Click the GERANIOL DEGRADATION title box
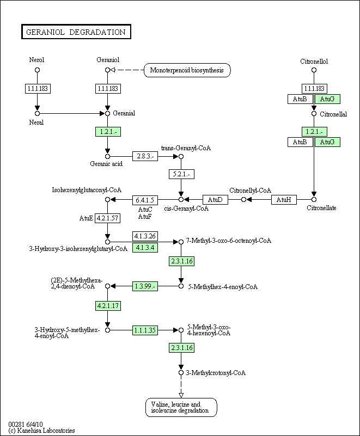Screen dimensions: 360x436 point(76,32)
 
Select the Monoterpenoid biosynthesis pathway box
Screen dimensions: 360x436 point(187,70)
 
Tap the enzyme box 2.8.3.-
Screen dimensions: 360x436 point(145,156)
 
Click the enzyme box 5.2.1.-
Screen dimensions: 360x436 point(181,174)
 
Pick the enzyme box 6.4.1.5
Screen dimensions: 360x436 point(145,200)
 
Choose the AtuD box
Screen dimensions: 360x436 point(215,200)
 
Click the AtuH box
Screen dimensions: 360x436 point(284,200)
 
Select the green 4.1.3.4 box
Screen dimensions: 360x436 point(145,248)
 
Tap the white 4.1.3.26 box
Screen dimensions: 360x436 point(145,236)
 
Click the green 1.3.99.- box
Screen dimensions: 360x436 point(145,286)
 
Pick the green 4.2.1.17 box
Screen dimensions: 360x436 point(108,306)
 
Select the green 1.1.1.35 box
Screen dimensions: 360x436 point(145,330)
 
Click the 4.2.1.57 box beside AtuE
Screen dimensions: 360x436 point(108,218)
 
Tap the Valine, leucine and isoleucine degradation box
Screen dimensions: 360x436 point(181,407)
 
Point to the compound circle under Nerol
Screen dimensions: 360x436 point(37,70)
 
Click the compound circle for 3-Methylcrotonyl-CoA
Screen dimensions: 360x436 point(181,373)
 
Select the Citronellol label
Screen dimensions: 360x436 point(314,62)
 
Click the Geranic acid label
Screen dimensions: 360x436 point(106,164)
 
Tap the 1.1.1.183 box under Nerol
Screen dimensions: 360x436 point(38,89)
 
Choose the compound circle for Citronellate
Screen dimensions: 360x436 point(314,200)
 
